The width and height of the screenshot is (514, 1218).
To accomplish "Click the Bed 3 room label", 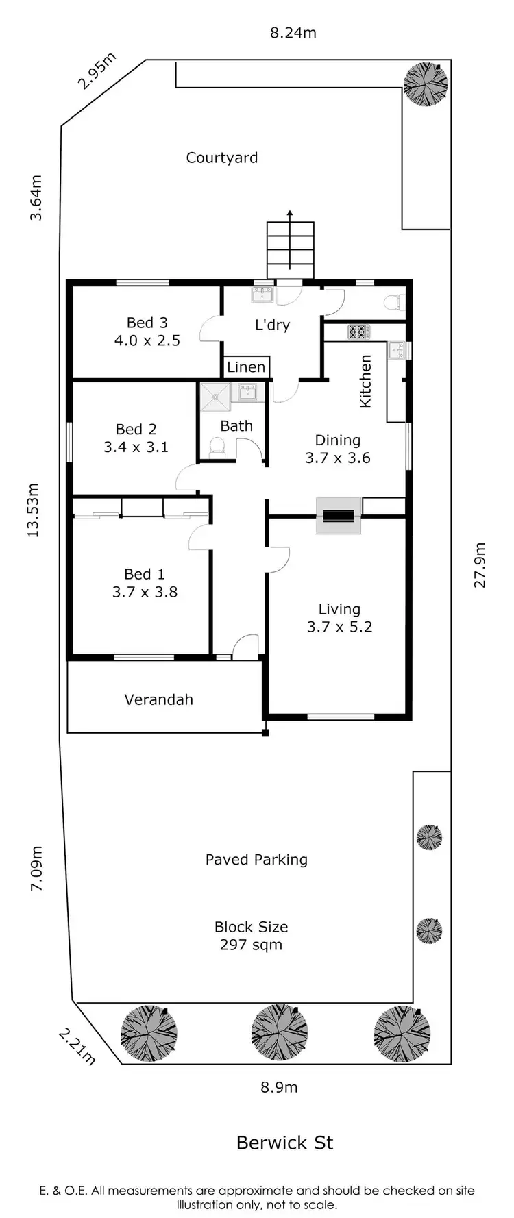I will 147,323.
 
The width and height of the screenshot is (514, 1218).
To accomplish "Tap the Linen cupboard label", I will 246,367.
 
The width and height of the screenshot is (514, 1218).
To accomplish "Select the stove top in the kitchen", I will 358,332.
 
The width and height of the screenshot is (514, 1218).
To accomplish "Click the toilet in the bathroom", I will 217,448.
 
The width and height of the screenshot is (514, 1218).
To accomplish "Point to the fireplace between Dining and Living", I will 339,515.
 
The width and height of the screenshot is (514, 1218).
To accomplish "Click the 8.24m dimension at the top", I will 293,32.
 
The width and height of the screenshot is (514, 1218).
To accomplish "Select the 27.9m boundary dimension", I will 480,565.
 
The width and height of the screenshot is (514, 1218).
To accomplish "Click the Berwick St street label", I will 284,1143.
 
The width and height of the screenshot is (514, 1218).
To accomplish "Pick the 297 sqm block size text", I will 251,945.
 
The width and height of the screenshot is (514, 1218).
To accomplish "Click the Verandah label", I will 158,699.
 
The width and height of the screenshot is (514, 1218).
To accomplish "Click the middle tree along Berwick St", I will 279,1032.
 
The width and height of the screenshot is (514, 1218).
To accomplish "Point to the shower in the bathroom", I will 216,397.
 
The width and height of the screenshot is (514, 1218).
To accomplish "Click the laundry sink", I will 262,295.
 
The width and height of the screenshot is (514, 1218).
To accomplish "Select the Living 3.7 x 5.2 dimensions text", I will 339,627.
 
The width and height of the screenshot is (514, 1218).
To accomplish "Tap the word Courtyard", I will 222,158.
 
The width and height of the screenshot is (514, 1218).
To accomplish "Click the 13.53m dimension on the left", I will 34,510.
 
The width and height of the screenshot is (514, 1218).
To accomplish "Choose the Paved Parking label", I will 256,860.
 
